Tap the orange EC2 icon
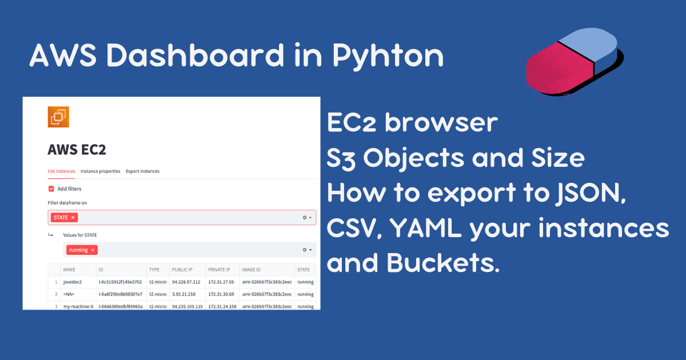[58, 117]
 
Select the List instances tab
[61, 171]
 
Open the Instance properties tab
[101, 171]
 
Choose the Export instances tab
[143, 171]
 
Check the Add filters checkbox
[51, 189]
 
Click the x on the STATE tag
[73, 218]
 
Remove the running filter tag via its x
[93, 250]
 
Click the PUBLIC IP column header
[182, 270]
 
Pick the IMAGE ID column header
[252, 270]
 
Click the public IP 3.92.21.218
[184, 294]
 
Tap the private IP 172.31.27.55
[221, 282]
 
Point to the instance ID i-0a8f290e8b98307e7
[121, 294]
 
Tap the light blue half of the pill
[589, 45]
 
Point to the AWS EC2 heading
[77, 150]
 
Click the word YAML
[426, 228]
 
